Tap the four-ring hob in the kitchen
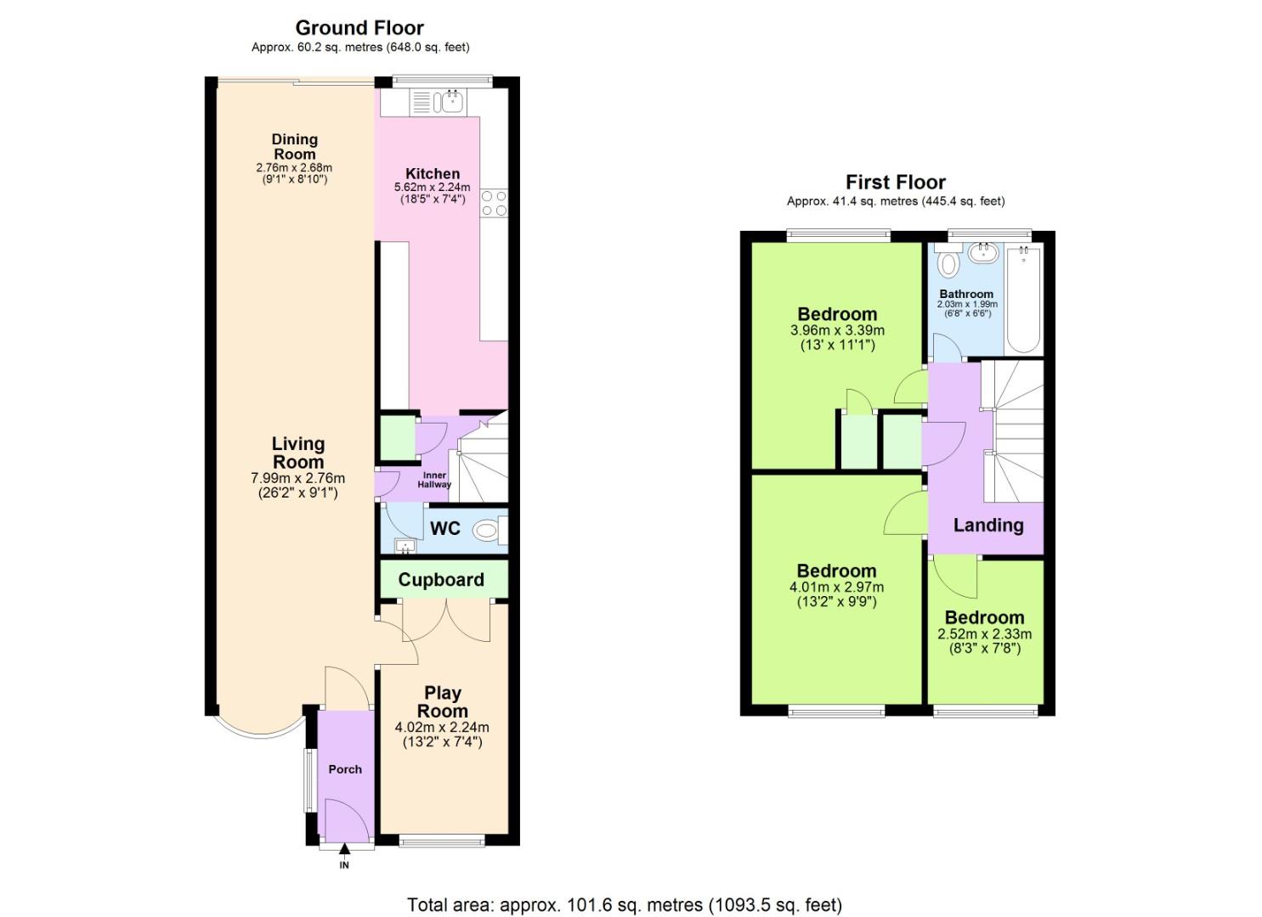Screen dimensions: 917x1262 [x=495, y=204]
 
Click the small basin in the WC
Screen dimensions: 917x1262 [x=405, y=546]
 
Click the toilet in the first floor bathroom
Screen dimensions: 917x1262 [x=949, y=262]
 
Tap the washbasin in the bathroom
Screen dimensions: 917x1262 [x=984, y=252]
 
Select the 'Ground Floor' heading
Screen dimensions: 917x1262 [x=359, y=28]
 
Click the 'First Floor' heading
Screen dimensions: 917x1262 [x=895, y=183]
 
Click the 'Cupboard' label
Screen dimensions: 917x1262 [x=441, y=580]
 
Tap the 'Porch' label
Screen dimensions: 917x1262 [x=345, y=769]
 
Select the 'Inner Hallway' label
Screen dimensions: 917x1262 [x=434, y=481]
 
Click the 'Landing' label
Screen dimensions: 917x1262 [x=988, y=526]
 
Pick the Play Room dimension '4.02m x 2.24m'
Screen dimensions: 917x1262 [x=442, y=728]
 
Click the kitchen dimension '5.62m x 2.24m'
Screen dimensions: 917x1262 [x=432, y=188]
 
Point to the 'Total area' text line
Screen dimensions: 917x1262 [x=625, y=905]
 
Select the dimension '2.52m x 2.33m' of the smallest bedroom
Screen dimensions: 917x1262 [x=984, y=634]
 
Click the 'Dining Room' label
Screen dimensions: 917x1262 [x=294, y=147]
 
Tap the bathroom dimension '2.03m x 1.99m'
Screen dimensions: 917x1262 [x=967, y=304]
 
